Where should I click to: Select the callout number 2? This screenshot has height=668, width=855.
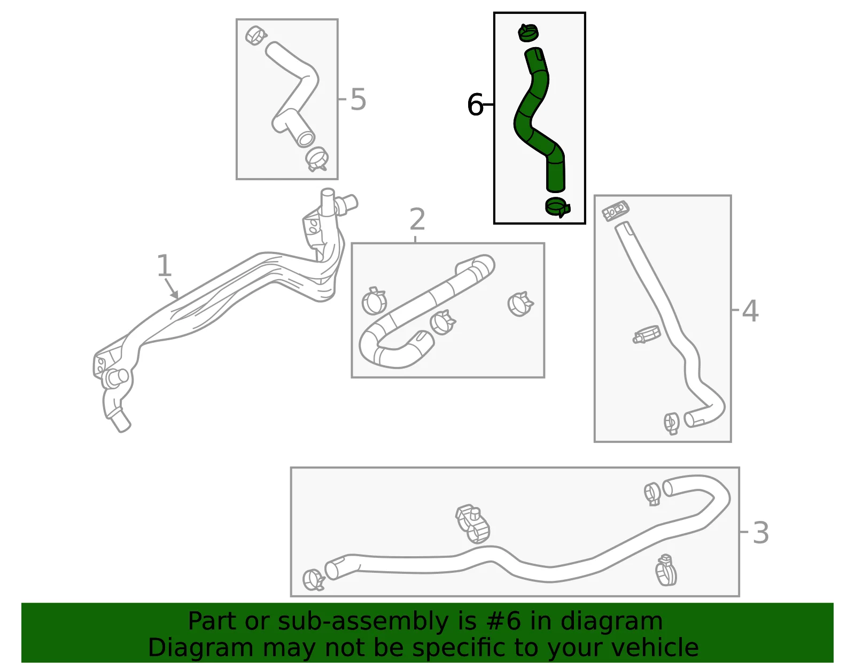pyautogui.click(x=417, y=219)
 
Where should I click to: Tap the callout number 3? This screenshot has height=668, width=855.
pyautogui.click(x=760, y=533)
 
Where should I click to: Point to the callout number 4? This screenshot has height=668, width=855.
pyautogui.click(x=750, y=311)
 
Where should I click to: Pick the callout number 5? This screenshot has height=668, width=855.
pyautogui.click(x=358, y=99)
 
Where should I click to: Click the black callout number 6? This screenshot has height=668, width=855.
pyautogui.click(x=475, y=105)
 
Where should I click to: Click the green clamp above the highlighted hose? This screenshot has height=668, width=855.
pyautogui.click(x=528, y=32)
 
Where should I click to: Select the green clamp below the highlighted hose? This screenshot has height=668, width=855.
pyautogui.click(x=557, y=206)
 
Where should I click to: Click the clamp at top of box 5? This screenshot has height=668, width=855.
pyautogui.click(x=256, y=35)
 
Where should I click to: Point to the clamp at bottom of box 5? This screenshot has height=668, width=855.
pyautogui.click(x=317, y=159)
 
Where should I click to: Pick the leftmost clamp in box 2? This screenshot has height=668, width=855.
pyautogui.click(x=374, y=301)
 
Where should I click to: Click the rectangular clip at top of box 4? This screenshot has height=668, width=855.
pyautogui.click(x=616, y=211)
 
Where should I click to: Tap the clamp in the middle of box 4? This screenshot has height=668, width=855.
pyautogui.click(x=647, y=335)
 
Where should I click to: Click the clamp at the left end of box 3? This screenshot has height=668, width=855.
pyautogui.click(x=313, y=580)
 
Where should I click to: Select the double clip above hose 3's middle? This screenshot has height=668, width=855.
pyautogui.click(x=472, y=523)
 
